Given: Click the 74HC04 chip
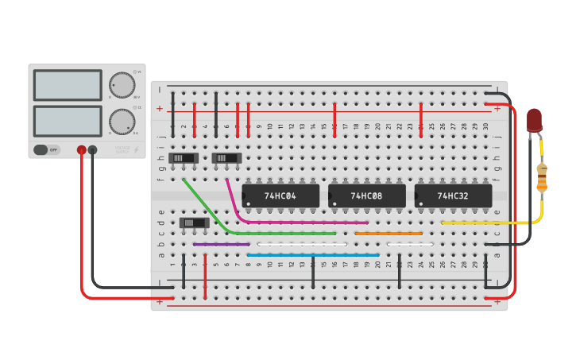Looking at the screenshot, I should [x=280, y=195].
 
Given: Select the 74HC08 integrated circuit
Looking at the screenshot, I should [x=366, y=195].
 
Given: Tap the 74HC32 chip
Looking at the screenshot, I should [x=453, y=195].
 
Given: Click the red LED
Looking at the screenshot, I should [x=534, y=120].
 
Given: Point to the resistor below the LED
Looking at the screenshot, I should [x=542, y=178].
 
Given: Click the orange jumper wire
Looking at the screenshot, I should [x=389, y=234].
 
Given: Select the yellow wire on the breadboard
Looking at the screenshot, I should [x=485, y=223].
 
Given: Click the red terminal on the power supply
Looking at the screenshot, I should [x=81, y=149].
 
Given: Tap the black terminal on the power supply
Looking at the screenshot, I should [x=93, y=149].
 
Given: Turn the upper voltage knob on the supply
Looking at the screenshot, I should [x=122, y=85].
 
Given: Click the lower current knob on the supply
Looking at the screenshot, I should [x=122, y=122].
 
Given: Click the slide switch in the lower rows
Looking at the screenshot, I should [x=195, y=223].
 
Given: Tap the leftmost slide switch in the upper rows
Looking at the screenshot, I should [x=184, y=158].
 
